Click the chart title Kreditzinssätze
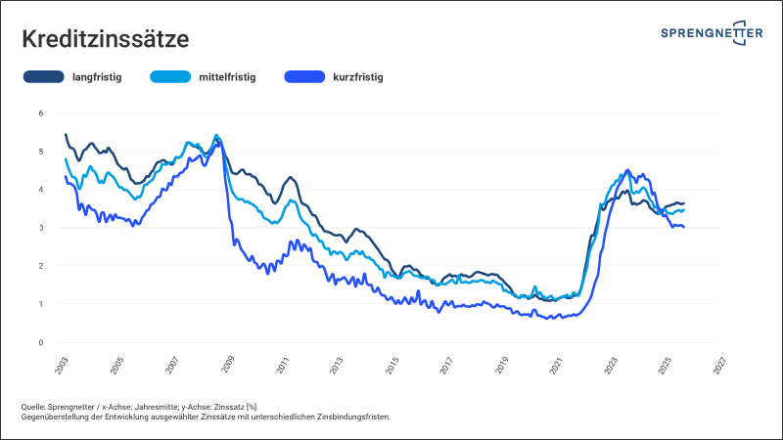[x=105, y=40]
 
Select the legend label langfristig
[x=97, y=76]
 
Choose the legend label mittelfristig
[x=226, y=76]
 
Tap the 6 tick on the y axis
[x=41, y=113]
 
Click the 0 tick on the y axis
[x=41, y=342]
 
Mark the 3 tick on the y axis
[x=41, y=228]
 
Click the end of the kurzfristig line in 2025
[x=683, y=227]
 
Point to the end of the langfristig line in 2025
[x=683, y=203]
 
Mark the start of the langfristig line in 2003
[x=65, y=134]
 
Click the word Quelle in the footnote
[x=35, y=406]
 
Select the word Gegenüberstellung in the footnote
[x=58, y=417]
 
